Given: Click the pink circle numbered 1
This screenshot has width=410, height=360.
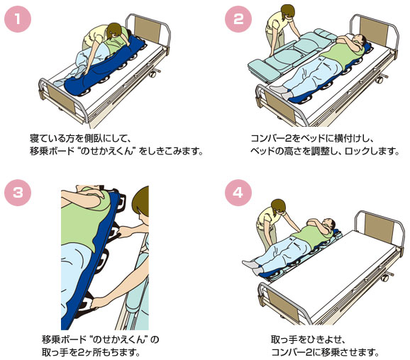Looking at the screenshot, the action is click(x=18, y=19).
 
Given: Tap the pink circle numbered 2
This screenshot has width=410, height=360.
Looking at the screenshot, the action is click(x=238, y=19).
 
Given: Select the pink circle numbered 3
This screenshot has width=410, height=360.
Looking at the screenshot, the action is click(x=18, y=193).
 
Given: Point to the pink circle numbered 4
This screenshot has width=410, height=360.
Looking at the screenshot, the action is click(x=238, y=193).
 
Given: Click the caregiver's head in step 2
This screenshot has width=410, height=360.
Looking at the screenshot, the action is click(x=287, y=12).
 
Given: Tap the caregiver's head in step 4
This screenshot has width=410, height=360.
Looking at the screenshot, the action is click(x=278, y=207).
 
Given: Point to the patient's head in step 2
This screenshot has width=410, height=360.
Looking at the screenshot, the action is click(x=360, y=41).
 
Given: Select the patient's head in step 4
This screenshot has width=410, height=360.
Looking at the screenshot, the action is click(x=329, y=224).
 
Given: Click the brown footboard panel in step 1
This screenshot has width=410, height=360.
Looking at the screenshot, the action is click(x=62, y=98).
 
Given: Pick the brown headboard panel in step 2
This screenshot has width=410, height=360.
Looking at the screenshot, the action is click(x=373, y=30).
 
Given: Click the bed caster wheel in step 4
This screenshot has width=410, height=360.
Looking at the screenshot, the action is click(x=384, y=278).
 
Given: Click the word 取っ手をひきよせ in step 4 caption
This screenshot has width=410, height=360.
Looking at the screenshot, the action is click(x=306, y=339).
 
